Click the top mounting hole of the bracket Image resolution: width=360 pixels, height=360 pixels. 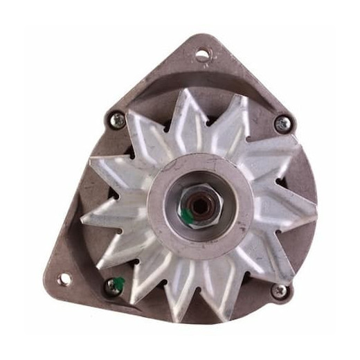(201, 54)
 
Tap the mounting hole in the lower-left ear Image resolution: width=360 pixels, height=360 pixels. (64, 279)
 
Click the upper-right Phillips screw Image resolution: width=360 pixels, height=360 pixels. (282, 123)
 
